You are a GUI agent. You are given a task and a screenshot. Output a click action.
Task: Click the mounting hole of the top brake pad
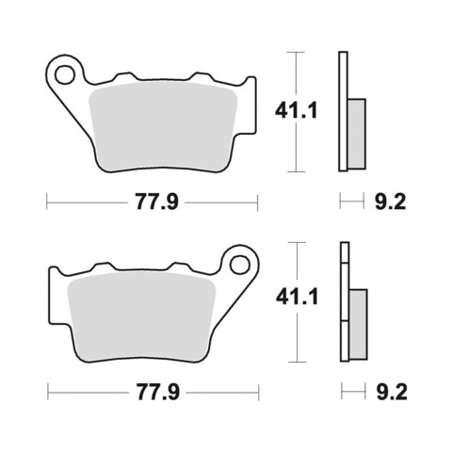pyautogui.click(x=65, y=74)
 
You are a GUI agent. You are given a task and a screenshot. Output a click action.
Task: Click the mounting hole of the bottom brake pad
pyautogui.click(x=240, y=265)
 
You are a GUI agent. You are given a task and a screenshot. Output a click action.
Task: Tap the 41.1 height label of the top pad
pyautogui.click(x=296, y=111)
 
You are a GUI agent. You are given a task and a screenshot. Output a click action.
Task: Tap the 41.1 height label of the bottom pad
pyautogui.click(x=297, y=297)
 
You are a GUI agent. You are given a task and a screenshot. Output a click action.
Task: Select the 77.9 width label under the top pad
pyautogui.click(x=156, y=202)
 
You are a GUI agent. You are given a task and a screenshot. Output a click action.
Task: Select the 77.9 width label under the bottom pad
pyautogui.click(x=158, y=392)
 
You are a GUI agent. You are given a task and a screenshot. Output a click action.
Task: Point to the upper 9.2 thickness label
pyautogui.click(x=390, y=202)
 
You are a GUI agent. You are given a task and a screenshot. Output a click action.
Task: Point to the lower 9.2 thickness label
pyautogui.click(x=392, y=392)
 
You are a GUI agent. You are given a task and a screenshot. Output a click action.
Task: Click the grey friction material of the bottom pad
pyautogui.click(x=142, y=317)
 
